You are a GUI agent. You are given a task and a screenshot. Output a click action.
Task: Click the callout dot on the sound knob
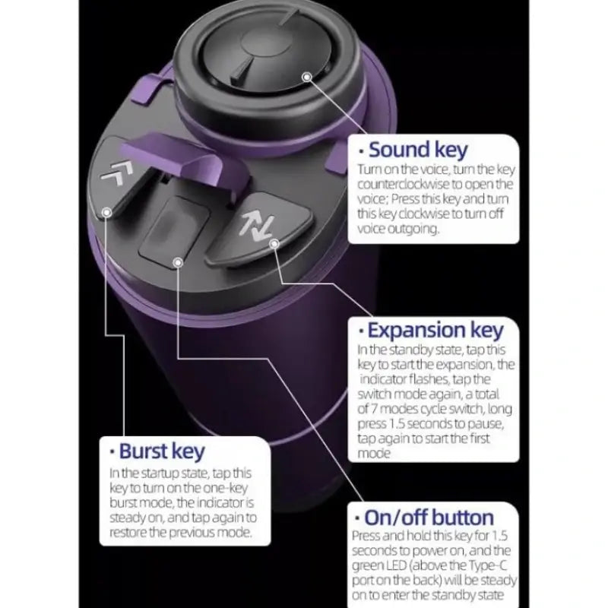tap(307, 76)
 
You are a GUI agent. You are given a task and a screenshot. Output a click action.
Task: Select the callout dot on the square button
tap(178, 263)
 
